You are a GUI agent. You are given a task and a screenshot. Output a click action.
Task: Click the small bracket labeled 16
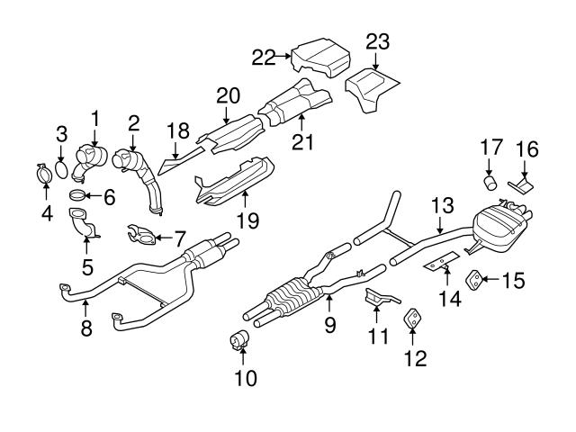click(x=522, y=185)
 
